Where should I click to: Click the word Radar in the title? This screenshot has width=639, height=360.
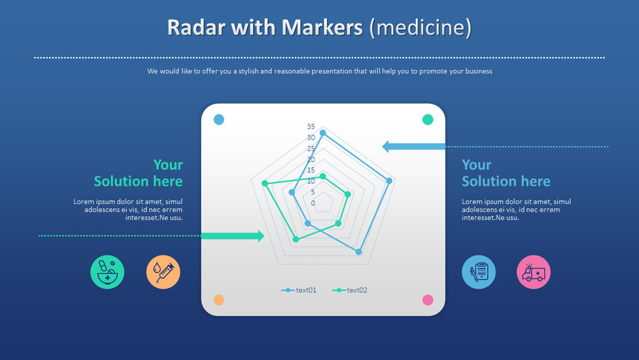(197, 27)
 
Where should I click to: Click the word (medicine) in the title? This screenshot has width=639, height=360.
(420, 28)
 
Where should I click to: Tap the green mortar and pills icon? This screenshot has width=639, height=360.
(107, 272)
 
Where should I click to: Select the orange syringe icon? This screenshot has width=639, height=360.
(163, 272)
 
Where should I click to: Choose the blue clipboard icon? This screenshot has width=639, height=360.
(479, 272)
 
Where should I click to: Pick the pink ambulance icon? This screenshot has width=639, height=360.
(534, 272)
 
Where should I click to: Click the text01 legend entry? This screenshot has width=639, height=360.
(299, 290)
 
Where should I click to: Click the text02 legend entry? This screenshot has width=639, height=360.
(350, 290)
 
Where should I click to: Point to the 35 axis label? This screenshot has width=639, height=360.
(311, 126)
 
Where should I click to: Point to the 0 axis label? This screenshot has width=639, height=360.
(313, 203)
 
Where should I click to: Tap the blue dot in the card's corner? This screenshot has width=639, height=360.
(219, 120)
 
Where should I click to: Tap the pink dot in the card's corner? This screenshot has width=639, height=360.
(428, 300)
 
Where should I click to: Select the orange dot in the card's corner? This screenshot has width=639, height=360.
(219, 300)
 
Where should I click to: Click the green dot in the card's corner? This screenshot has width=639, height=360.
(428, 120)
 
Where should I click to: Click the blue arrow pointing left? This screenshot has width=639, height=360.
(413, 146)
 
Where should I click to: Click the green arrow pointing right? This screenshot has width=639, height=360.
(233, 236)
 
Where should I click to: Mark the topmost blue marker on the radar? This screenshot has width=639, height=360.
(323, 133)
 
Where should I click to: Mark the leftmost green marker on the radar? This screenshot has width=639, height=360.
(265, 183)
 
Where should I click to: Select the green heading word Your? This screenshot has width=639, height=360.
(168, 165)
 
